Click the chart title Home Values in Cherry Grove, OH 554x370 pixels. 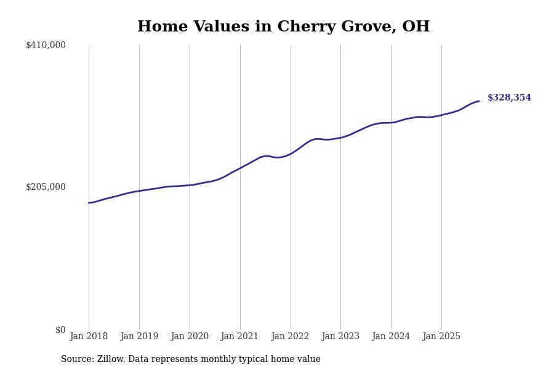pyautogui.click(x=283, y=27)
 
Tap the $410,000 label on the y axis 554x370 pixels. pyautogui.click(x=46, y=45)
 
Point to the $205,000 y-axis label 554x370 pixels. pyautogui.click(x=46, y=187)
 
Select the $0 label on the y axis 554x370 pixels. pyautogui.click(x=60, y=330)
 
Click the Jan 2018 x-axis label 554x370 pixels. pyautogui.click(x=89, y=337)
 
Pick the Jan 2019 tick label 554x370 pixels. pyautogui.click(x=139, y=337)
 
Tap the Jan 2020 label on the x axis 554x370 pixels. pyautogui.click(x=190, y=337)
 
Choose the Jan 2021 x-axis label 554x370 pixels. pyautogui.click(x=240, y=337)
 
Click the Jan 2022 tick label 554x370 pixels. pyautogui.click(x=291, y=337)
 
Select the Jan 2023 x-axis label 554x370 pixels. pyautogui.click(x=340, y=337)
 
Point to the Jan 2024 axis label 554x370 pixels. pyautogui.click(x=391, y=337)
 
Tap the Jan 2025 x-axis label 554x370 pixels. pyautogui.click(x=441, y=337)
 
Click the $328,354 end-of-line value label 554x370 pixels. pyautogui.click(x=509, y=98)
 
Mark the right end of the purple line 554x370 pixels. pyautogui.click(x=479, y=101)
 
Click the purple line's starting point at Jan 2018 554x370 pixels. pyautogui.click(x=89, y=203)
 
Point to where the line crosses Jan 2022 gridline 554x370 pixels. pyautogui.click(x=291, y=154)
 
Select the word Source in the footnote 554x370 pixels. pyautogui.click(x=76, y=360)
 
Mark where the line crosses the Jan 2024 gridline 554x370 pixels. pyautogui.click(x=391, y=123)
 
